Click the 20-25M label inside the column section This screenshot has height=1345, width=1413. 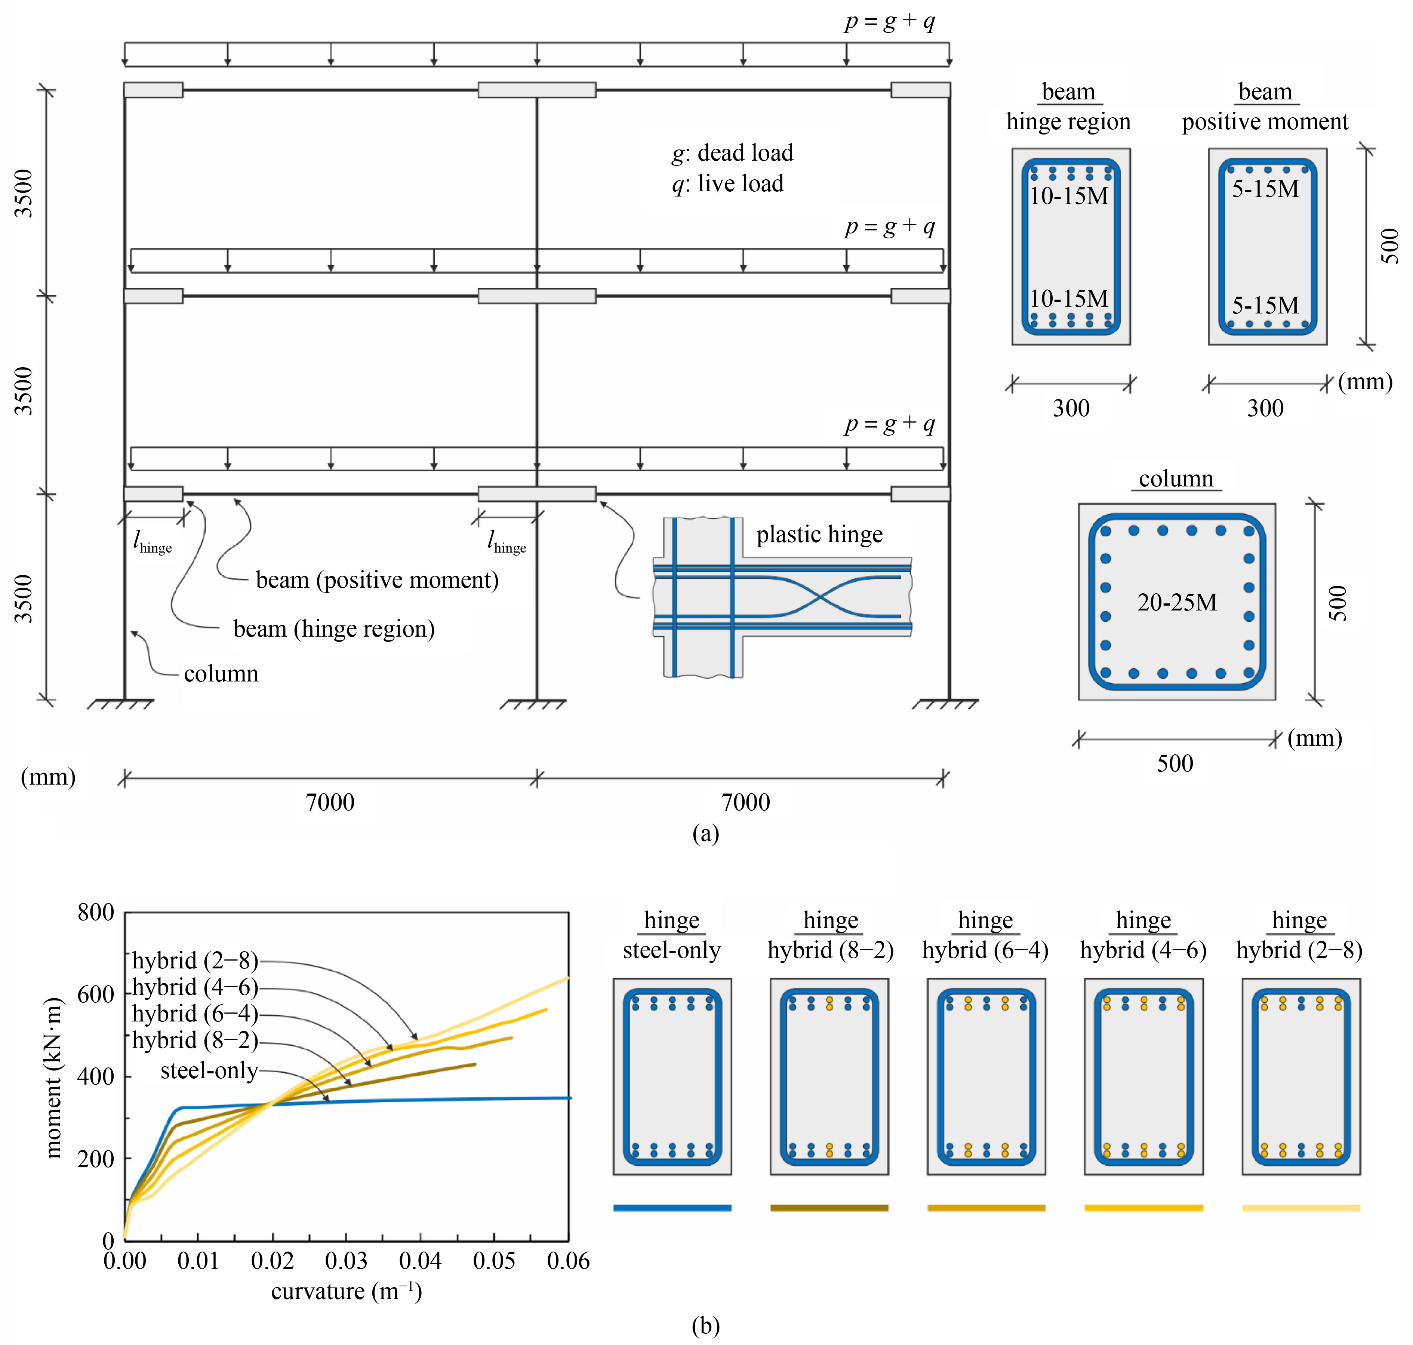(x=1177, y=602)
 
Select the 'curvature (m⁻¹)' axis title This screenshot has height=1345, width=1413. (x=347, y=1291)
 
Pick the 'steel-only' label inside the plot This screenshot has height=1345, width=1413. (x=209, y=1070)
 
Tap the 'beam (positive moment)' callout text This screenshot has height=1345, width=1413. (x=377, y=580)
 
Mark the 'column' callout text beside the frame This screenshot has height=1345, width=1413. (x=221, y=674)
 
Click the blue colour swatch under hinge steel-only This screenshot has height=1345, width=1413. (x=672, y=1208)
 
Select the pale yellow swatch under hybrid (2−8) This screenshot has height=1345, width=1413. (x=1301, y=1208)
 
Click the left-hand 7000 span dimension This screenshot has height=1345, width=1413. (x=330, y=802)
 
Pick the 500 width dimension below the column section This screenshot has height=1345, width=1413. (x=1175, y=763)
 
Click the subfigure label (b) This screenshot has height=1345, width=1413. (x=706, y=1326)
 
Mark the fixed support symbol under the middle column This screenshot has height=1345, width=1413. (x=533, y=704)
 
